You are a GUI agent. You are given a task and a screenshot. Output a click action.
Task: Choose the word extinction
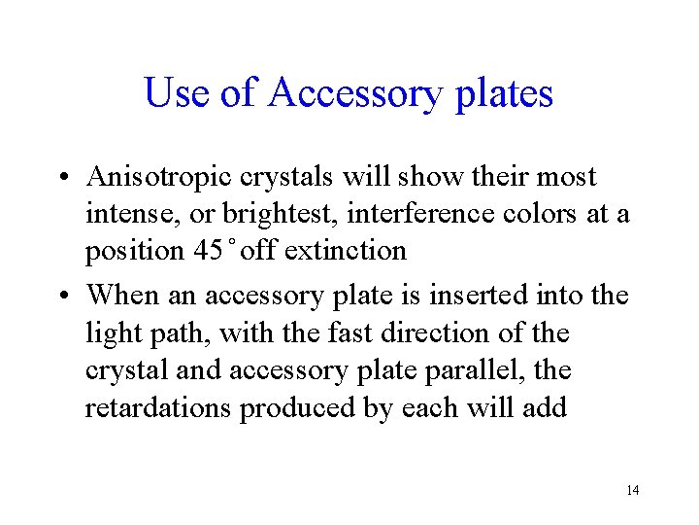click(345, 251)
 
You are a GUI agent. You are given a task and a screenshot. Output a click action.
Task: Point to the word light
click(112, 333)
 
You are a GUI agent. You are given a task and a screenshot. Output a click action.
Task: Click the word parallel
click(470, 371)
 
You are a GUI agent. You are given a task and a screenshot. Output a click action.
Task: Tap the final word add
click(546, 408)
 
